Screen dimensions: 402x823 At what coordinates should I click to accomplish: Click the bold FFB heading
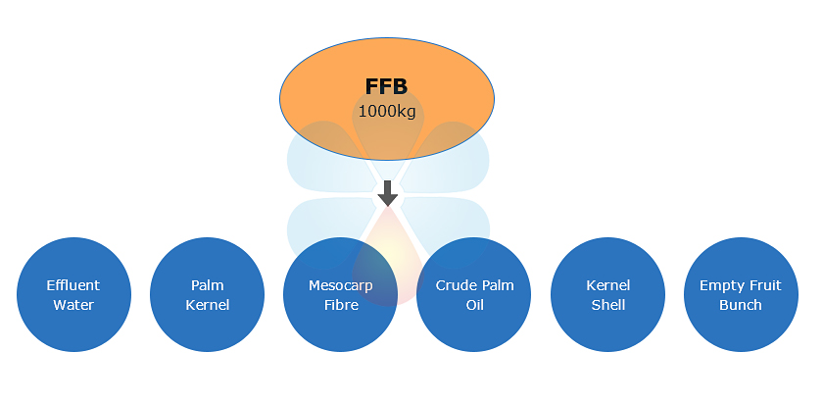[386, 87]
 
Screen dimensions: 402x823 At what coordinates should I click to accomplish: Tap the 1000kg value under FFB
[386, 112]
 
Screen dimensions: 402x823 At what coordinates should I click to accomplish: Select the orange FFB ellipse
[323, 98]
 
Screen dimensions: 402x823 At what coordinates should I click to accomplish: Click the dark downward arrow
[388, 193]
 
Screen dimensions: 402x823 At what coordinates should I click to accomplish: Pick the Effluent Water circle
[73, 295]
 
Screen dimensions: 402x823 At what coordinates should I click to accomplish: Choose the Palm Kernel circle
[207, 295]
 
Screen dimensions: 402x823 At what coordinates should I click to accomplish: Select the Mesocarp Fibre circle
[340, 295]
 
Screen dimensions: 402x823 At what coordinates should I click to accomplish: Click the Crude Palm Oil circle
[474, 295]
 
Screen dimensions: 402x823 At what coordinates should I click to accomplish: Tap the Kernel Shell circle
[607, 295]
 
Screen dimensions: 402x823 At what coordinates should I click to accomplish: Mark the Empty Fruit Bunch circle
[740, 295]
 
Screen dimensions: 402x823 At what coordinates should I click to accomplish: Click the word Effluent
[73, 286]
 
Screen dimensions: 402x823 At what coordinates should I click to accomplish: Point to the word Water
[73, 305]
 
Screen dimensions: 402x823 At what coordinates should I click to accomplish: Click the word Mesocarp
[340, 286]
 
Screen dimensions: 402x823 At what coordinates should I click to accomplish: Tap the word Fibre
[340, 305]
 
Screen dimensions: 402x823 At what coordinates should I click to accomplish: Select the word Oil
[474, 305]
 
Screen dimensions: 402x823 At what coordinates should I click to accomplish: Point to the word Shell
[607, 305]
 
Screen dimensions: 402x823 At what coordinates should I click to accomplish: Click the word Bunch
[740, 305]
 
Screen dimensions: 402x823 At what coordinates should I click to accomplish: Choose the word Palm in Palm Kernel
[207, 286]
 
